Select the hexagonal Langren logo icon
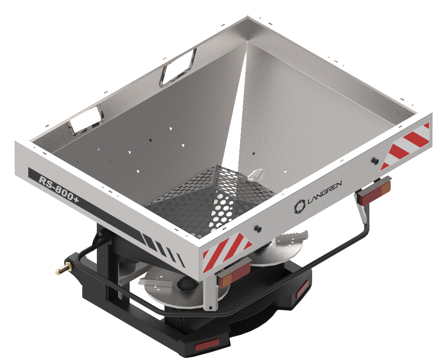point(300,207)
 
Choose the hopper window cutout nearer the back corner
point(178,68)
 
